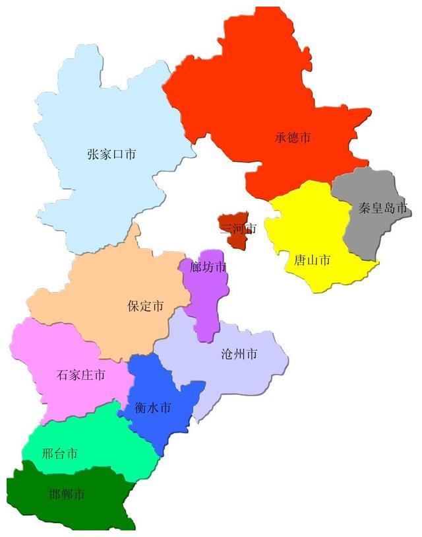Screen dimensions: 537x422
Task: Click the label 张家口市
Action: pos(111,154)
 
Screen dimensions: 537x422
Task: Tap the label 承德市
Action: pos(293,137)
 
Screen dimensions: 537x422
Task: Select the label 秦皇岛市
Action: pos(383,208)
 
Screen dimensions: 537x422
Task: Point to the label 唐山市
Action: pos(312,260)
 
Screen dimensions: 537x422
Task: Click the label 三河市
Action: pos(238,229)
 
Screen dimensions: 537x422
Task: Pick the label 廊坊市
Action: pos(207,267)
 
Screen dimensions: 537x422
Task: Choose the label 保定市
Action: pos(145,306)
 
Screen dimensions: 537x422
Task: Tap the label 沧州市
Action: pos(239,353)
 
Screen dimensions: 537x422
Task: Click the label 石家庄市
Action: pos(80,375)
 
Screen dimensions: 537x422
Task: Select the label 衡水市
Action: pos(152,408)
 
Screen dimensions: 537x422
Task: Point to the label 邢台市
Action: pos(59,453)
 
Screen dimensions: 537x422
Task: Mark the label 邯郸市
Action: pos(67,493)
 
